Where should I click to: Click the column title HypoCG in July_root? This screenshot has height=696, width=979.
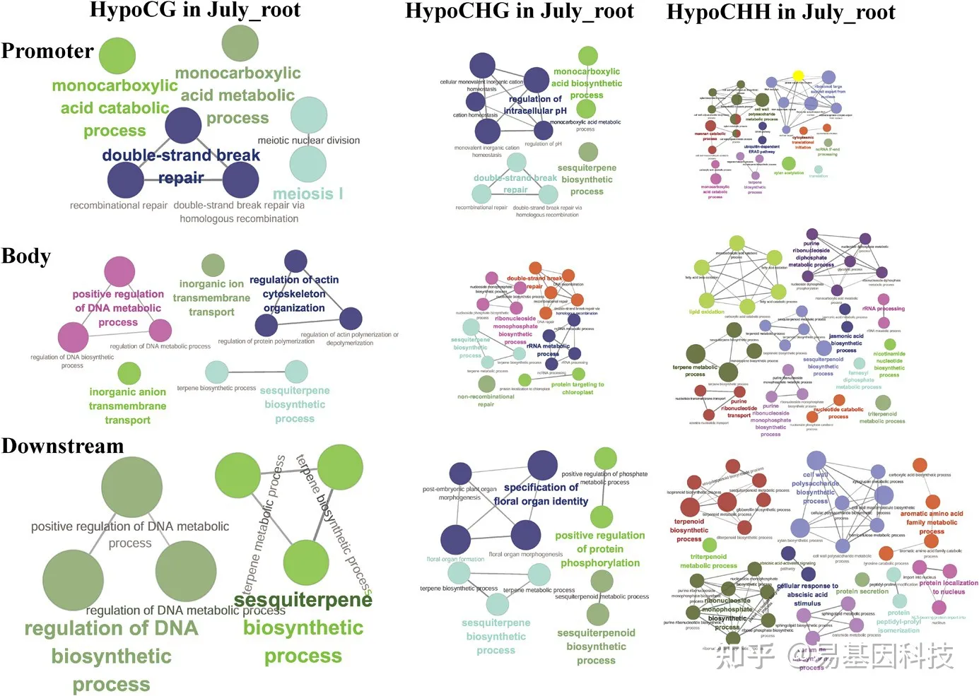coord(194,10)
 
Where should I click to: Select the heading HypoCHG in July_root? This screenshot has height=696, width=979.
coord(519,11)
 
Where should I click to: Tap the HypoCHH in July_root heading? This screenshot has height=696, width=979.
coord(780,12)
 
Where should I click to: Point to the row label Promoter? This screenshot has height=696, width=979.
coord(47,51)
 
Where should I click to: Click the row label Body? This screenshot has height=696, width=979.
coord(26,256)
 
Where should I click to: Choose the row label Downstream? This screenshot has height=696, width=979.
coord(62,446)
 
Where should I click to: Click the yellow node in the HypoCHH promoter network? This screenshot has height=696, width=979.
coord(798,76)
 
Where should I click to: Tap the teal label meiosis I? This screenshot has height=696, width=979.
coord(308,194)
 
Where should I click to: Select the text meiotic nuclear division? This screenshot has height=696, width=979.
coord(309,141)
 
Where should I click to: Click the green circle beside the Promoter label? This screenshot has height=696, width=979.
coord(117,56)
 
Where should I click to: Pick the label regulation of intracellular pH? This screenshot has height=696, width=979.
coord(535,105)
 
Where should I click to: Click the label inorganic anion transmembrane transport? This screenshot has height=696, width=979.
coord(128,406)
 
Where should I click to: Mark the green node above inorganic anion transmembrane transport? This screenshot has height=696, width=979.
coord(129,373)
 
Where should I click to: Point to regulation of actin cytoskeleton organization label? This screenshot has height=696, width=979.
coord(294,294)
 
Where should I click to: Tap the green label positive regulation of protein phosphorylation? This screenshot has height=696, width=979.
coord(600,549)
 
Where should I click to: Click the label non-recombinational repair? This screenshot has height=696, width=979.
coord(486,401)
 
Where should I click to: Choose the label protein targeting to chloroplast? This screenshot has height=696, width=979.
coord(578,389)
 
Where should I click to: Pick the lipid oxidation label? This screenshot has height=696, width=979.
coord(707,312)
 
